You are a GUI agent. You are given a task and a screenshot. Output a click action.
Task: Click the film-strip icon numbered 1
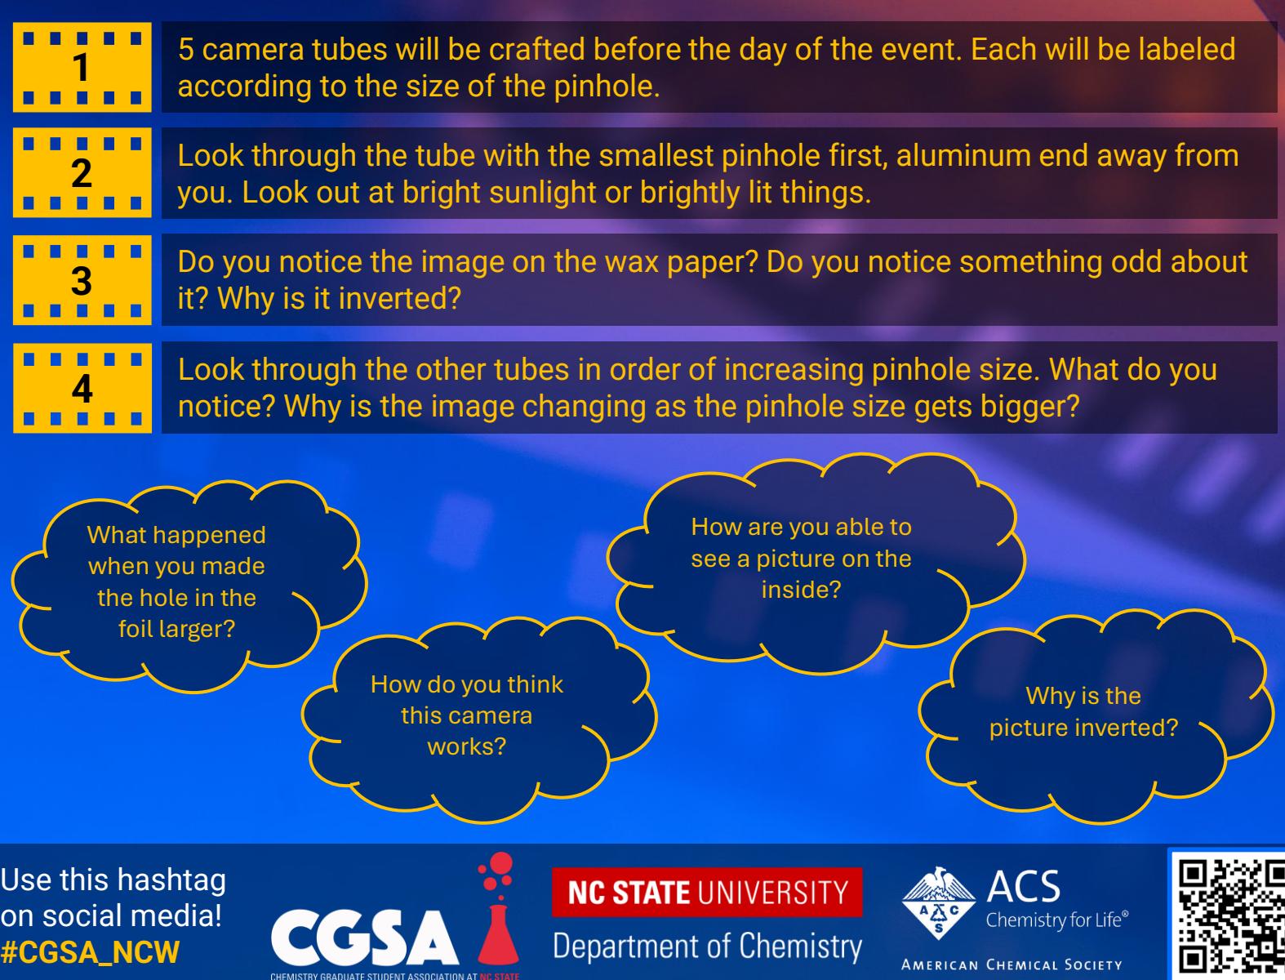(82, 67)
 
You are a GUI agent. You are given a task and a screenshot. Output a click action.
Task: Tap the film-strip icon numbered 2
(82, 172)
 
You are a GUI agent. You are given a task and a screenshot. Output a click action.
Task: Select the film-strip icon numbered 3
(82, 280)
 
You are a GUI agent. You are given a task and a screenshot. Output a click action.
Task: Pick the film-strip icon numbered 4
(82, 388)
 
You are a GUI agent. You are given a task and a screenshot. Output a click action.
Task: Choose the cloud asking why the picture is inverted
(1095, 715)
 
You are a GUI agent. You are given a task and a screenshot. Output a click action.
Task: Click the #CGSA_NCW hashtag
(90, 952)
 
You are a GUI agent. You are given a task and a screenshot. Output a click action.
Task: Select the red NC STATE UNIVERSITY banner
(707, 892)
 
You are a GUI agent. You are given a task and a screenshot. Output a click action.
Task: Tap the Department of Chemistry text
(707, 947)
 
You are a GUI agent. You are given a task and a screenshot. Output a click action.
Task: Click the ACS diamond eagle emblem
(938, 902)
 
